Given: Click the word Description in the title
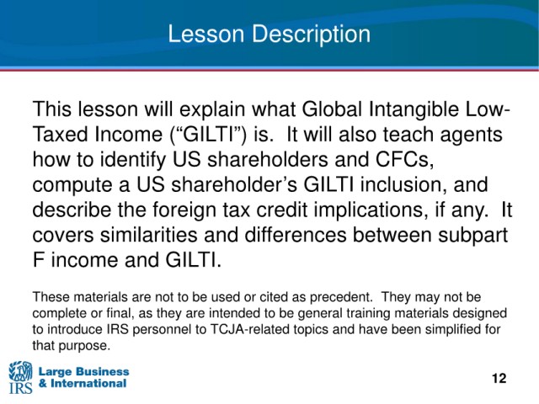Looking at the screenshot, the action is (x=311, y=35).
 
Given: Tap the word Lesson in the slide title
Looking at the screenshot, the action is (x=205, y=34).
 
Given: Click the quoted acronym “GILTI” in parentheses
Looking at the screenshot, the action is (x=208, y=135).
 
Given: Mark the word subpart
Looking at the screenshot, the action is (x=472, y=236).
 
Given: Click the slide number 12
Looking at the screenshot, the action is (x=499, y=378).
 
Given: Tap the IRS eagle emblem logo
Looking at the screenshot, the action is (x=20, y=377).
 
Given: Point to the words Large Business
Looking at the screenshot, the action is (x=84, y=372).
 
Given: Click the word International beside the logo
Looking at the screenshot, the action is (x=88, y=384).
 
